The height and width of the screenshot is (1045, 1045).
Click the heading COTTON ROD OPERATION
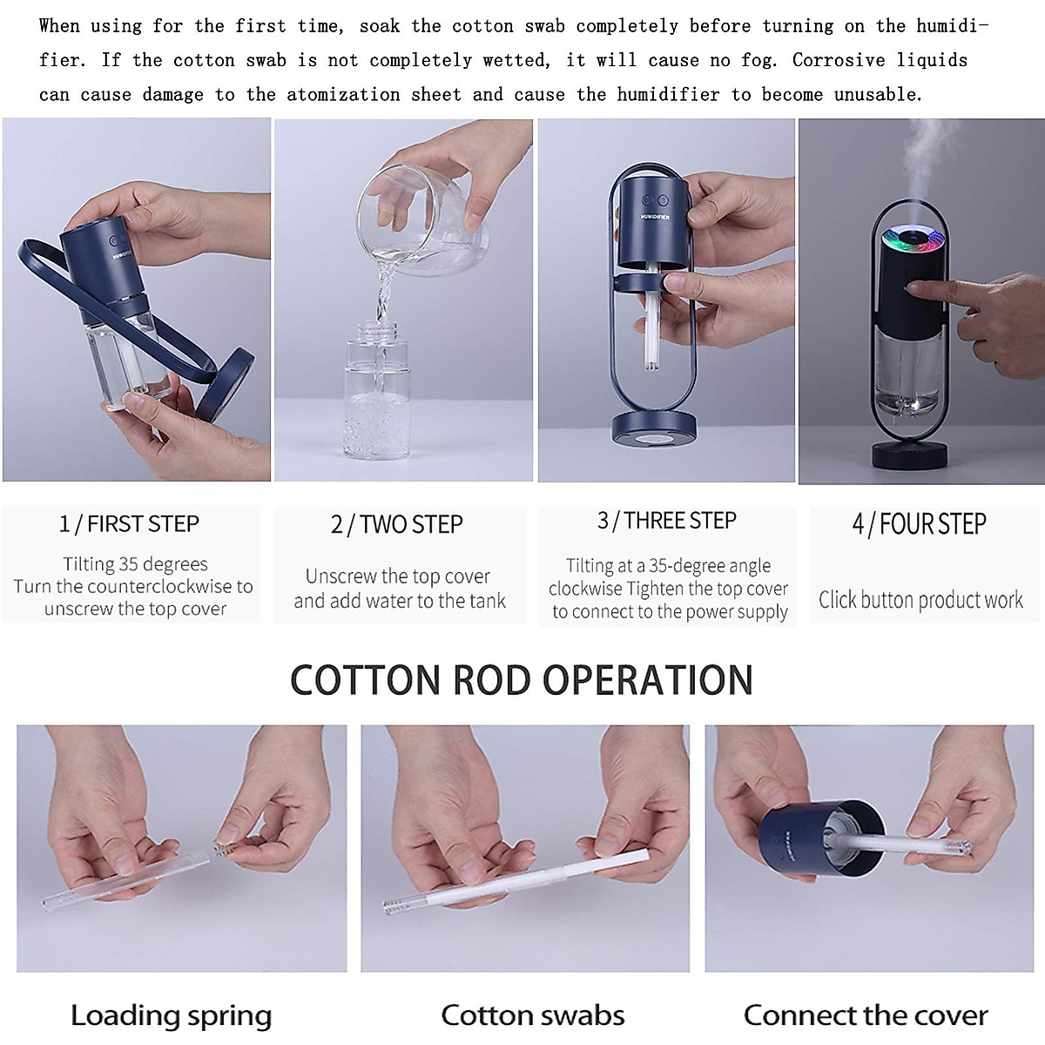(x=522, y=680)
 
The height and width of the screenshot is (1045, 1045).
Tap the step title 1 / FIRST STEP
(x=130, y=524)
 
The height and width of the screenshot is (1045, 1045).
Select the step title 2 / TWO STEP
(x=397, y=525)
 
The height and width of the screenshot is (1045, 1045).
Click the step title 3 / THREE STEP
(x=667, y=521)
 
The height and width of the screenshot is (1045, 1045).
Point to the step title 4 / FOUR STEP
(x=920, y=524)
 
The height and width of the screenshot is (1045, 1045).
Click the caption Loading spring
(x=172, y=1015)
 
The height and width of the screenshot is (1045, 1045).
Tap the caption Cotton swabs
(x=533, y=1015)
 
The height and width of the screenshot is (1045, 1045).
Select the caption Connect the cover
(x=866, y=1015)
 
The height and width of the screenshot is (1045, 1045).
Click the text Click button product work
(x=920, y=600)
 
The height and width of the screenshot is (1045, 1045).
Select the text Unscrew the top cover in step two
(x=398, y=576)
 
